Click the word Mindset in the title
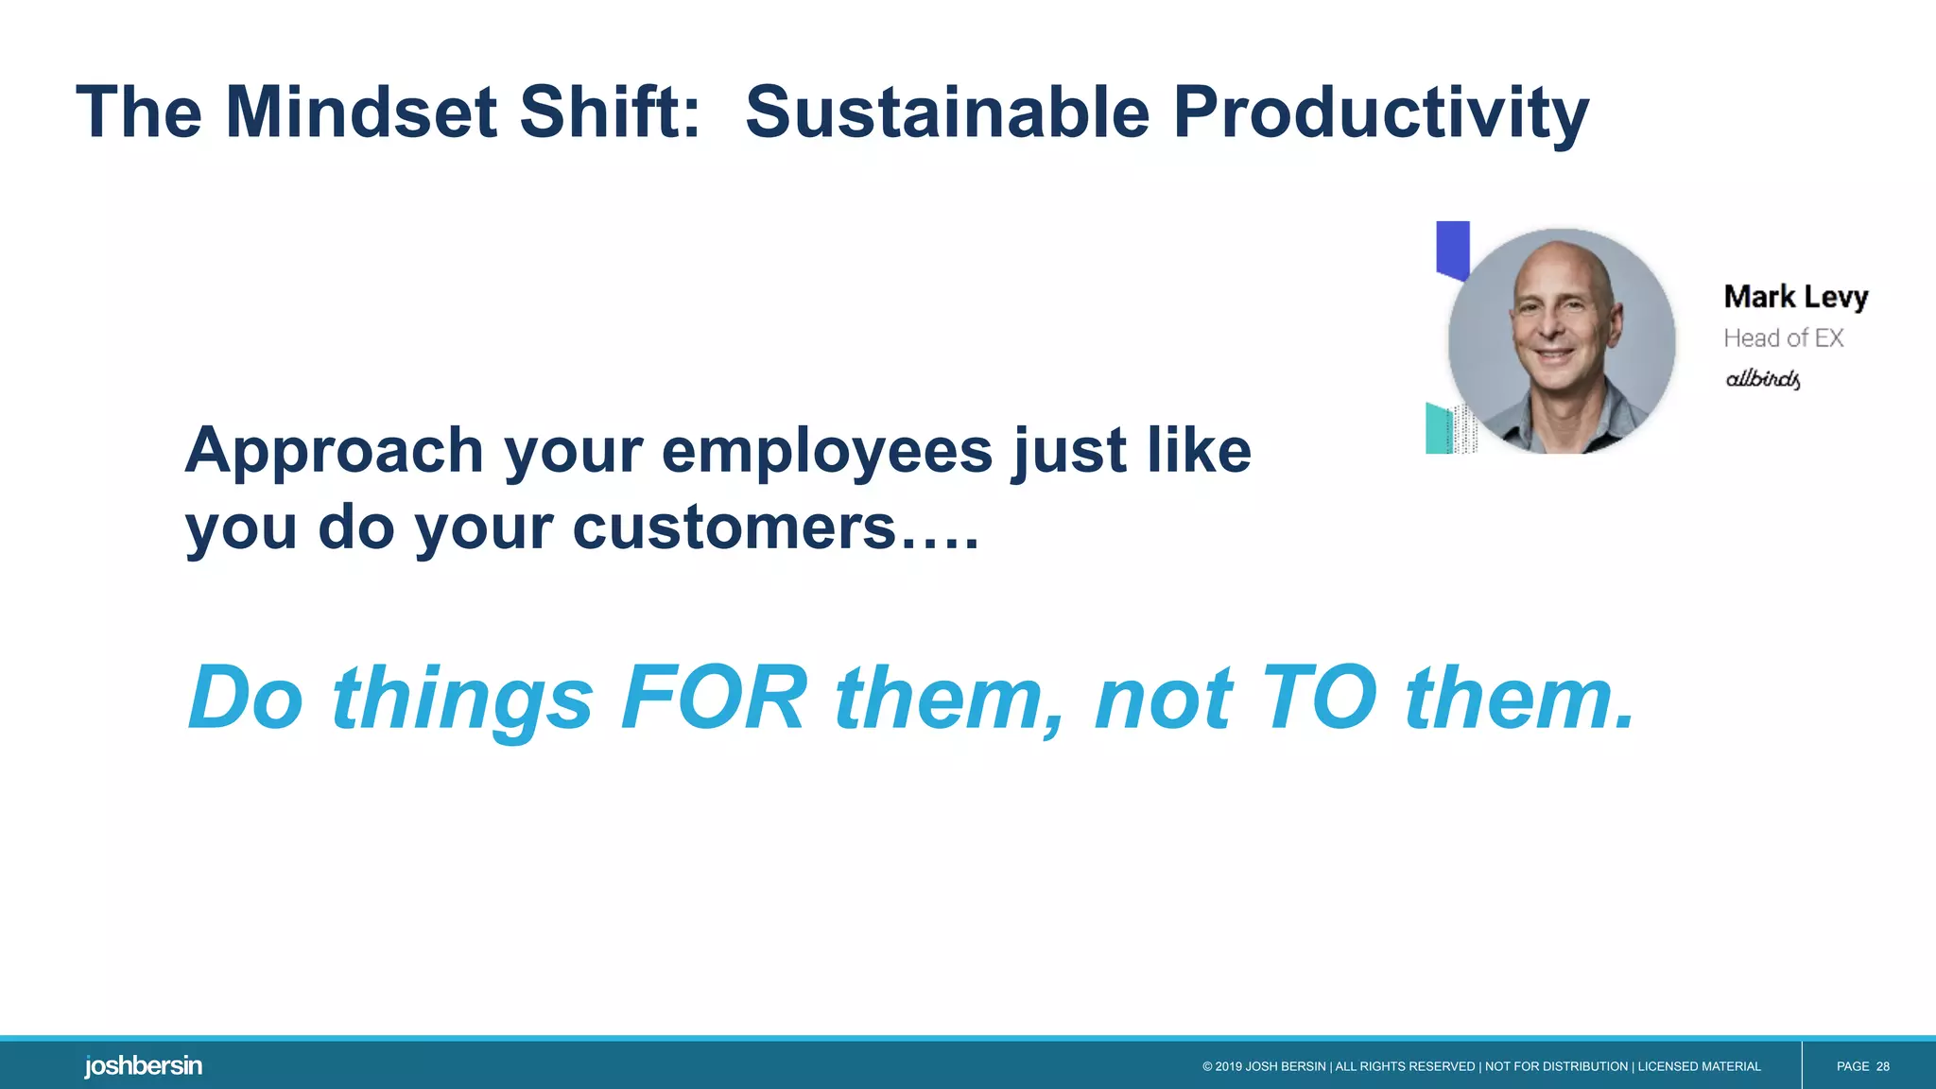[x=361, y=112]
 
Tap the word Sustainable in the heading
[x=947, y=112]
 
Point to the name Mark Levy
[x=1795, y=297]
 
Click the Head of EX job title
[x=1783, y=337]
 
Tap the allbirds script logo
[x=1762, y=379]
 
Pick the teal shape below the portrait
[x=1438, y=428]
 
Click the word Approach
[x=334, y=451]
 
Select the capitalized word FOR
[x=714, y=699]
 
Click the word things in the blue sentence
[x=462, y=700]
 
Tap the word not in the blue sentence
[x=1163, y=700]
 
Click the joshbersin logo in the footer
[x=143, y=1066]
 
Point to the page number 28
[x=1882, y=1066]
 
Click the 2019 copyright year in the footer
[x=1229, y=1066]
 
